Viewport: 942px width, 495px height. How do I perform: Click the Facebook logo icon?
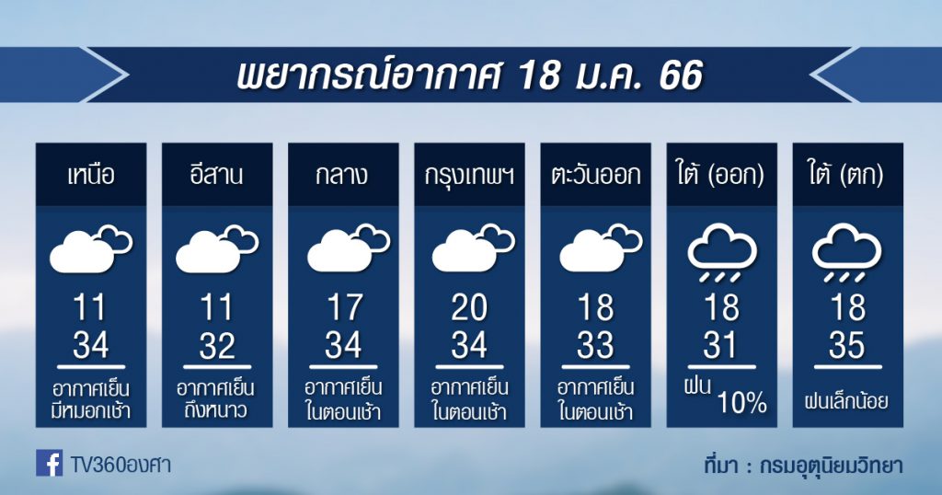coord(50,463)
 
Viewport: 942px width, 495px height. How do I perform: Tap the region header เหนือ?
coord(91,176)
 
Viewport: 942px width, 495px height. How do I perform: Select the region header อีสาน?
coord(217,174)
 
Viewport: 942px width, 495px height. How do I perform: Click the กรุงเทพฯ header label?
coord(469,176)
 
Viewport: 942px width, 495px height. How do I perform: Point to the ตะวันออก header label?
coord(595,176)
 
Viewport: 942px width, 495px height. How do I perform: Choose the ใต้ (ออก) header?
coord(721,175)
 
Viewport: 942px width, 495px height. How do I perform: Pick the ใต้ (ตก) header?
coord(847,175)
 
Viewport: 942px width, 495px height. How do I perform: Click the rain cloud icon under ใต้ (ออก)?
coord(721,253)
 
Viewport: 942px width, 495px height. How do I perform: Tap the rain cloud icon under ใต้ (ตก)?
coord(847,253)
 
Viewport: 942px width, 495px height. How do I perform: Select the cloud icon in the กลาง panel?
coord(349,248)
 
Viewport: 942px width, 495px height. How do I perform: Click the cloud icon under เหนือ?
coord(91,248)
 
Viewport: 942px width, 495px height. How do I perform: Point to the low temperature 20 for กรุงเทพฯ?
coord(469,308)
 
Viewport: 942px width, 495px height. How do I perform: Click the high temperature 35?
coord(847,346)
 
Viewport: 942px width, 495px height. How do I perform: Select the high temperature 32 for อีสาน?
coord(217,346)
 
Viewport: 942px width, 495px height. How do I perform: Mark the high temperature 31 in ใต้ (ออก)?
coord(720,346)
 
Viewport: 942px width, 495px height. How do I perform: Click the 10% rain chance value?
coord(742,403)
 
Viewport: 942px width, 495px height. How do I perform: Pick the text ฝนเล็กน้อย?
coord(847,400)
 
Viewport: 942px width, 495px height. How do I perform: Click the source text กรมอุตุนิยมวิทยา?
coord(832,466)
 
